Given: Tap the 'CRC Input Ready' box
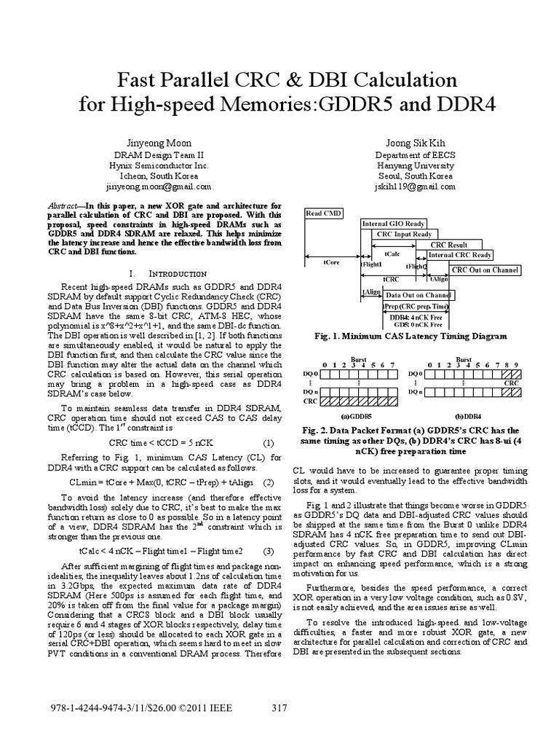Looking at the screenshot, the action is pyautogui.click(x=405, y=234).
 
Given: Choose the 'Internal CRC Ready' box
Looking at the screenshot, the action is pyautogui.click(x=459, y=256).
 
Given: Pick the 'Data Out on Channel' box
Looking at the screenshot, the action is pyautogui.click(x=418, y=295).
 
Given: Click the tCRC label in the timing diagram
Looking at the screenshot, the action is pyautogui.click(x=390, y=279).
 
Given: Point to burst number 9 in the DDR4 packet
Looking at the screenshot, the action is pyautogui.click(x=516, y=365).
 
